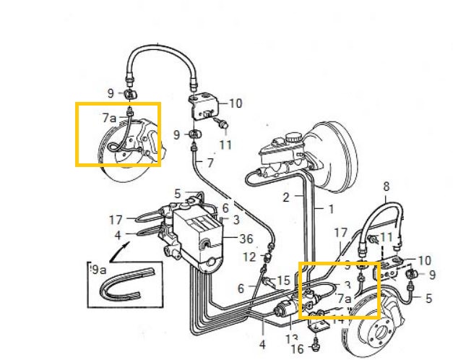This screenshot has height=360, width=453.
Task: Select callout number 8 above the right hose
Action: (386, 186)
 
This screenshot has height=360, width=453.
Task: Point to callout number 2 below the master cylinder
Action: (285, 197)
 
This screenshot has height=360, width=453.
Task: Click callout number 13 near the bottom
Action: (292, 338)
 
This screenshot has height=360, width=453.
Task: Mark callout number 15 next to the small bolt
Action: (284, 280)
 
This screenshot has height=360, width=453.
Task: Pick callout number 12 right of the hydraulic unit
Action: (250, 256)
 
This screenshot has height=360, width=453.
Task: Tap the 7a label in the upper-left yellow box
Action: (109, 116)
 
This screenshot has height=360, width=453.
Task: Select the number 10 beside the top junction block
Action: (236, 103)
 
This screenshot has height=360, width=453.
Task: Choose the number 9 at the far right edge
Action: (432, 275)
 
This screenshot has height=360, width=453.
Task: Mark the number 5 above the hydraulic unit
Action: (177, 193)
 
